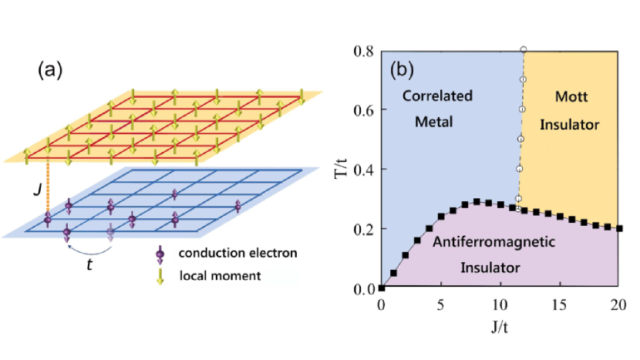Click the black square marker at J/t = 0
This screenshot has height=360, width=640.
coord(382,288)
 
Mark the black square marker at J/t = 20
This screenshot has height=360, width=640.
coord(619,228)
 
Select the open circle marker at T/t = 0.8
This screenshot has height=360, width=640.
coord(524,50)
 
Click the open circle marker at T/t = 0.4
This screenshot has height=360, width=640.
coord(520,169)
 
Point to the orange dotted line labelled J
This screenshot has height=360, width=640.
coord(48,189)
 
